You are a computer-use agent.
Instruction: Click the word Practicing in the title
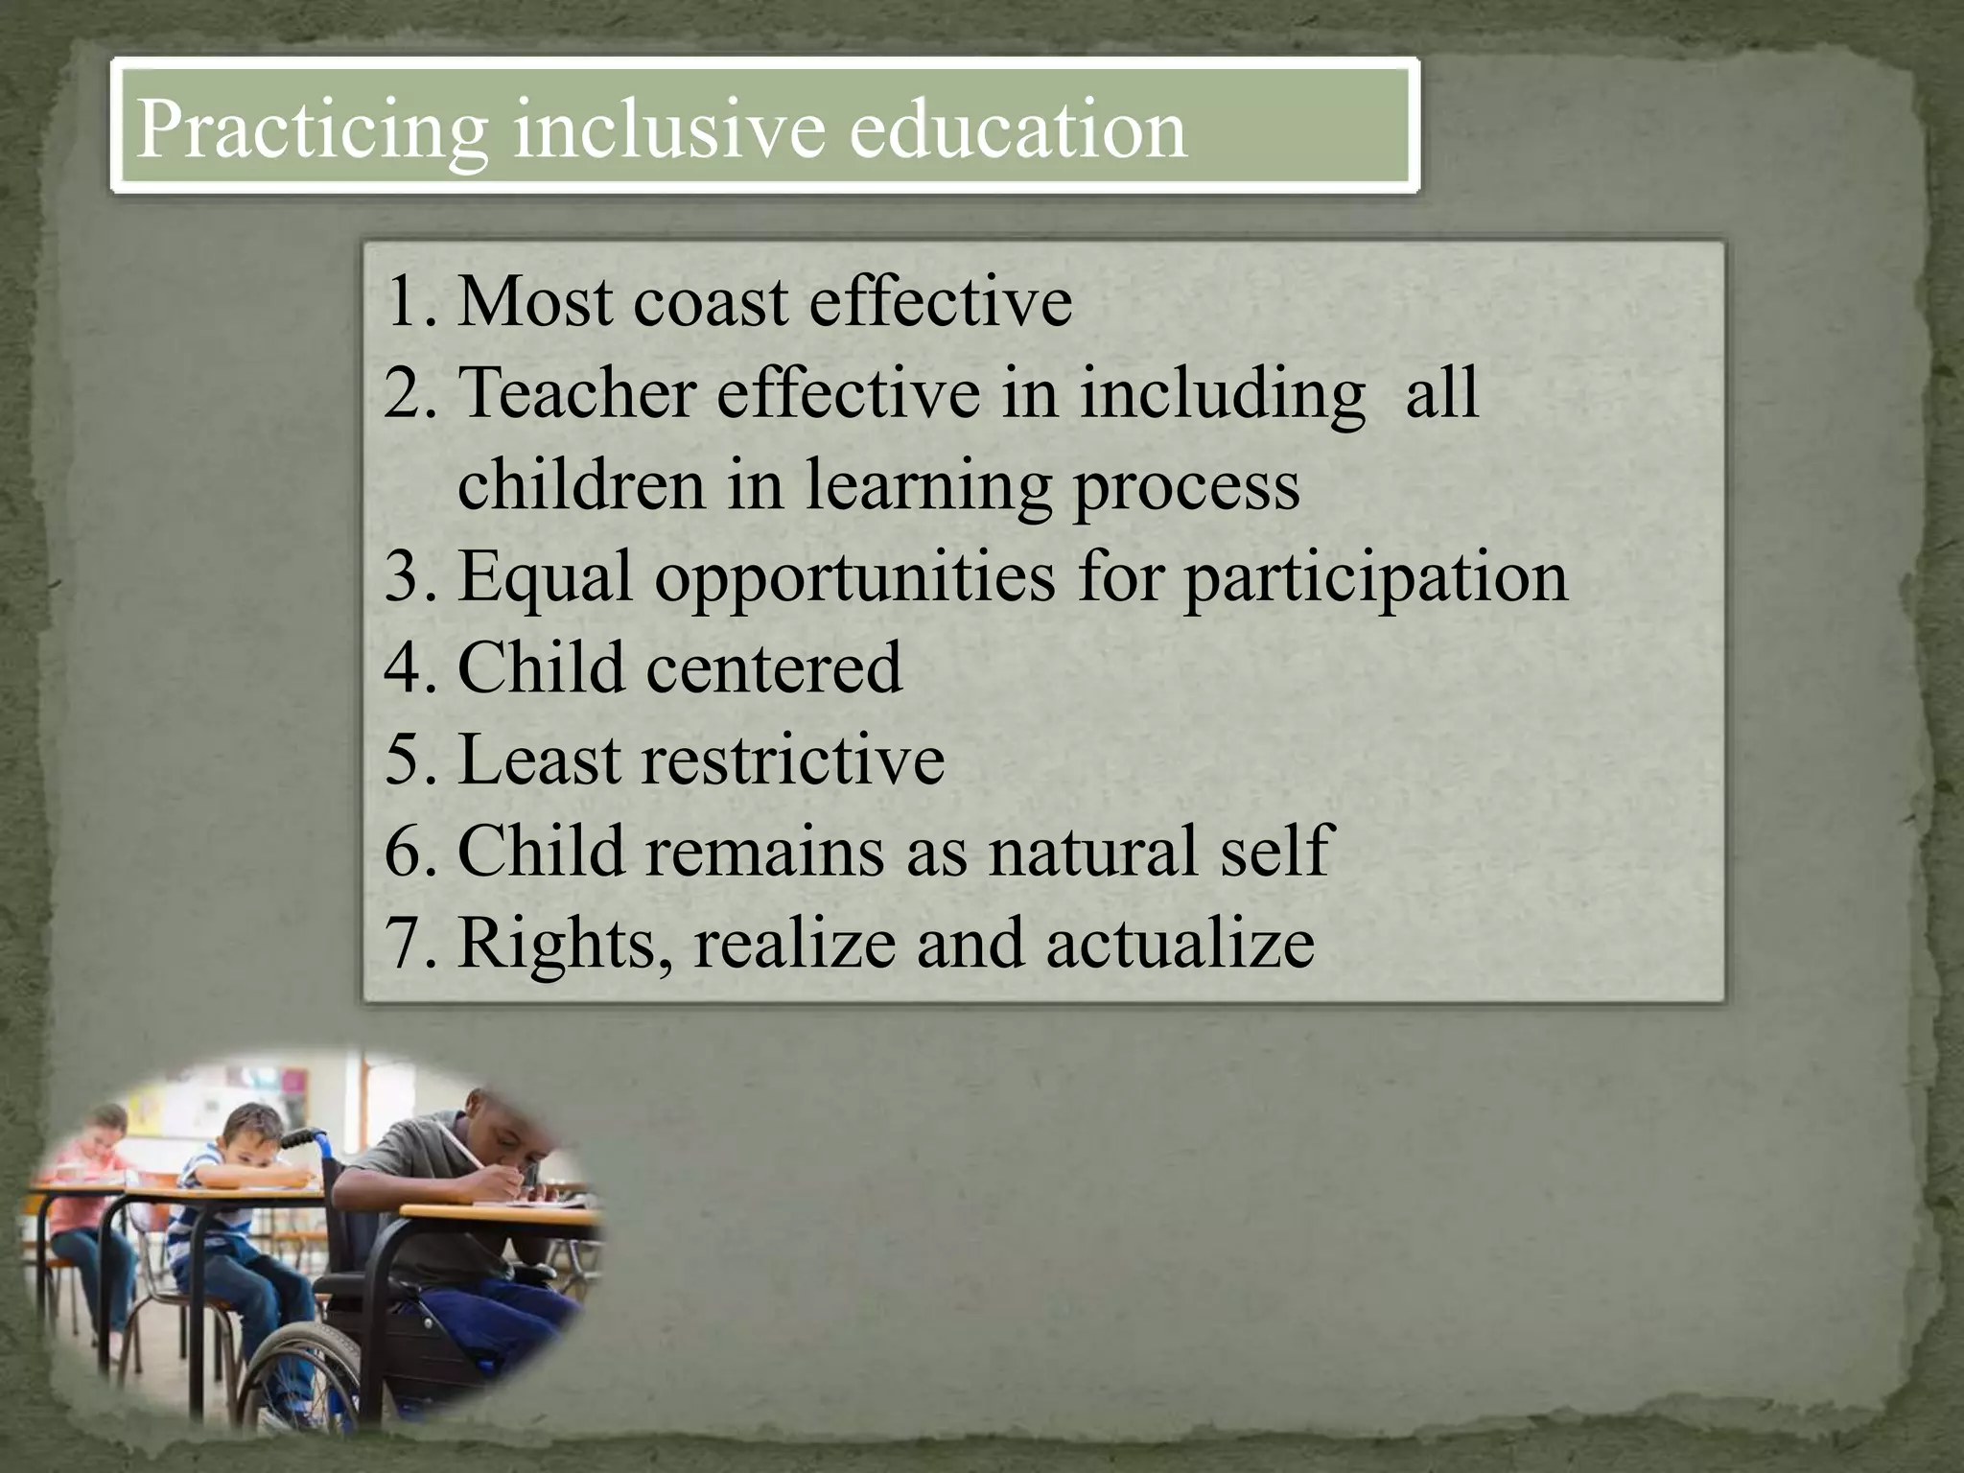click(x=313, y=129)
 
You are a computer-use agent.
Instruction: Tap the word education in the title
click(x=1017, y=129)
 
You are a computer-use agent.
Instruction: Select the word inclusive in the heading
click(x=669, y=129)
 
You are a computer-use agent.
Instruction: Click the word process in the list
click(x=1186, y=485)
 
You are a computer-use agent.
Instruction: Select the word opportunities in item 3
click(x=854, y=577)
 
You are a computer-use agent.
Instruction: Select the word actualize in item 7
click(x=1180, y=943)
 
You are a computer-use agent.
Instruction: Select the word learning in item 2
click(x=927, y=485)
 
